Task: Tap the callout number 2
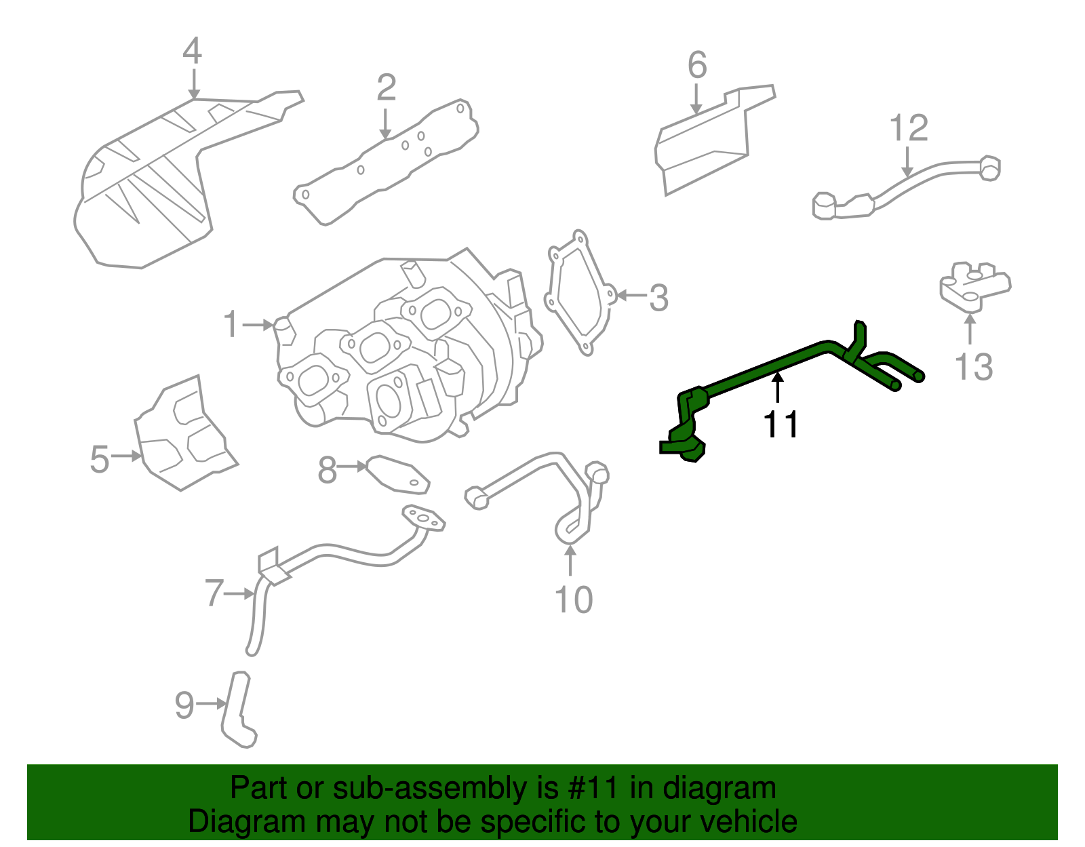386,87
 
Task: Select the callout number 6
696,65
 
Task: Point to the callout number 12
908,128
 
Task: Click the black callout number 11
781,425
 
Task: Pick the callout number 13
973,367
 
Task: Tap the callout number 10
573,599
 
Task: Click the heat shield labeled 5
184,434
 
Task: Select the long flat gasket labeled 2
387,163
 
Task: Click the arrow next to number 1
258,325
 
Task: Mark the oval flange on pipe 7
424,519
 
